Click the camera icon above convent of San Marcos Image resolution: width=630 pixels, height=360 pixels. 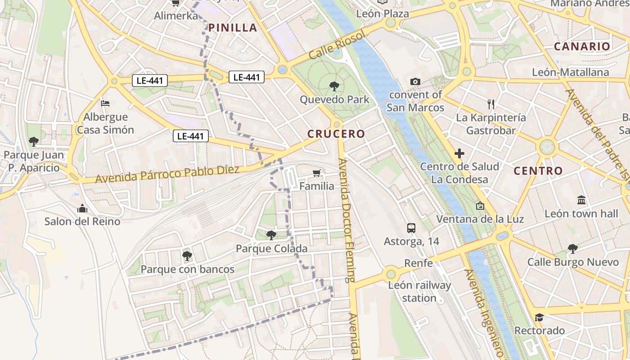[x=415, y=81]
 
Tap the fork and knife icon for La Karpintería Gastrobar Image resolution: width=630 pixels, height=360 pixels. [x=491, y=104]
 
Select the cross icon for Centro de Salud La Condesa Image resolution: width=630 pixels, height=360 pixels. [x=459, y=154]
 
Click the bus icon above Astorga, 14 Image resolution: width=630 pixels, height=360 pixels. [x=411, y=228]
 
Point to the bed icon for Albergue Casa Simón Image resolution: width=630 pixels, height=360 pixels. [x=105, y=103]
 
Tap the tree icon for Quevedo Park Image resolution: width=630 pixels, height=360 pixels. [x=334, y=86]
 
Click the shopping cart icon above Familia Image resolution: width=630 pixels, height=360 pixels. [x=317, y=173]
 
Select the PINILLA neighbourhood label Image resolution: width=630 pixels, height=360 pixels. [x=233, y=28]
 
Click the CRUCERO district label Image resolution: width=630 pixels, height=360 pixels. [x=336, y=134]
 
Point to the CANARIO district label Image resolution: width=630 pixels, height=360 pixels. [x=582, y=46]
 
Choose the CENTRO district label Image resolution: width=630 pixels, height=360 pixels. [x=538, y=171]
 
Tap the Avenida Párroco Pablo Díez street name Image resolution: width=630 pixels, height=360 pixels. [x=174, y=174]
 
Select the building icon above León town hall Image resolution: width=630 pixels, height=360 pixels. [x=581, y=200]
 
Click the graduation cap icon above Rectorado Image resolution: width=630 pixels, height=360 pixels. [x=539, y=317]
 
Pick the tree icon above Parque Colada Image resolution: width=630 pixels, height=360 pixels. [x=271, y=235]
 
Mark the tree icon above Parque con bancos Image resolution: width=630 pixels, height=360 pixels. [x=187, y=256]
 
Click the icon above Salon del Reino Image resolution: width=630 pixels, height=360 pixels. [x=82, y=208]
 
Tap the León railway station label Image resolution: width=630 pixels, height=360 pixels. [x=419, y=292]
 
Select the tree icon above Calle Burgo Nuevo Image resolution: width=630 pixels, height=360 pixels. [x=572, y=248]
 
